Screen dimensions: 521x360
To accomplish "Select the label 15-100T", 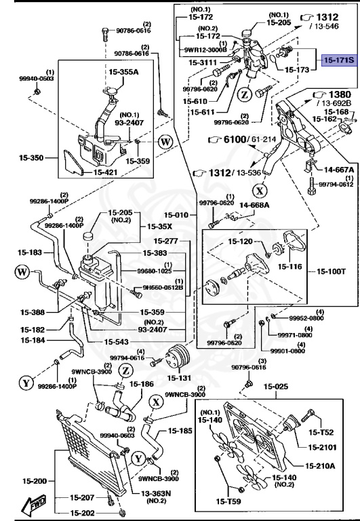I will point(332,272).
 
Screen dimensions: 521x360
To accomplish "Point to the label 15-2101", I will point(324,447).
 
